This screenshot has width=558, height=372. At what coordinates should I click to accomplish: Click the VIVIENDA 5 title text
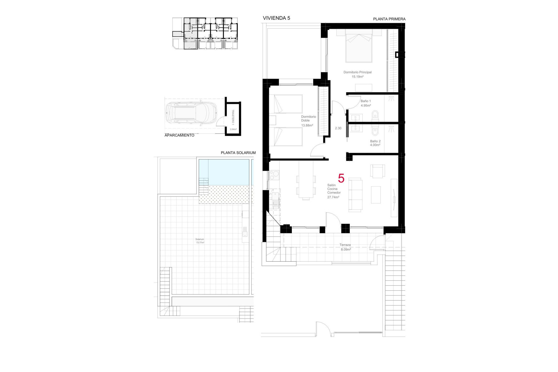tap(276, 18)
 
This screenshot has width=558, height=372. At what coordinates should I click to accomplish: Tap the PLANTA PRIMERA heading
tap(389, 19)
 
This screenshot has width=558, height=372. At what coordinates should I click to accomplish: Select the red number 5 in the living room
tap(341, 178)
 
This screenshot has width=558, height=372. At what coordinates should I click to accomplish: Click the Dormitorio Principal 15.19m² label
tap(357, 74)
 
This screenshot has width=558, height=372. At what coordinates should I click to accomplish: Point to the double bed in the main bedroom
tap(359, 48)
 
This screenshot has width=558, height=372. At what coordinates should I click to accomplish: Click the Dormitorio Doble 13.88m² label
tap(308, 121)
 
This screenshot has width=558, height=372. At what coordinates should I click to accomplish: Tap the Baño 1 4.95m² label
tap(366, 103)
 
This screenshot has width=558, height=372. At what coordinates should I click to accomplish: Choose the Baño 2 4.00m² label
tap(375, 143)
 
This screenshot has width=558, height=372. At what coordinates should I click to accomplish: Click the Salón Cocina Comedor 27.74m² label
tap(334, 191)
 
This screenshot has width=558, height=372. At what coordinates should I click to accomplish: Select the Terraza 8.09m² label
tap(345, 247)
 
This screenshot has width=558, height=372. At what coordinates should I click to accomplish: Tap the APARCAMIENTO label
tap(179, 135)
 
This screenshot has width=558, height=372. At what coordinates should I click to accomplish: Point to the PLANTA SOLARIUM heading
tap(238, 153)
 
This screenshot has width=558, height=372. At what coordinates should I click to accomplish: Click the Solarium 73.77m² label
tap(200, 241)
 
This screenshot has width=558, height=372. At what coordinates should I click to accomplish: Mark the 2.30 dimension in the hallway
tap(338, 128)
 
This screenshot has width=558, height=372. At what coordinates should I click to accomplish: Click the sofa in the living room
tap(355, 194)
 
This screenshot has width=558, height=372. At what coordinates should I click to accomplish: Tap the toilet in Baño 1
tap(375, 115)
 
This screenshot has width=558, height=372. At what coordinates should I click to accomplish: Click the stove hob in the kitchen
tap(274, 175)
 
